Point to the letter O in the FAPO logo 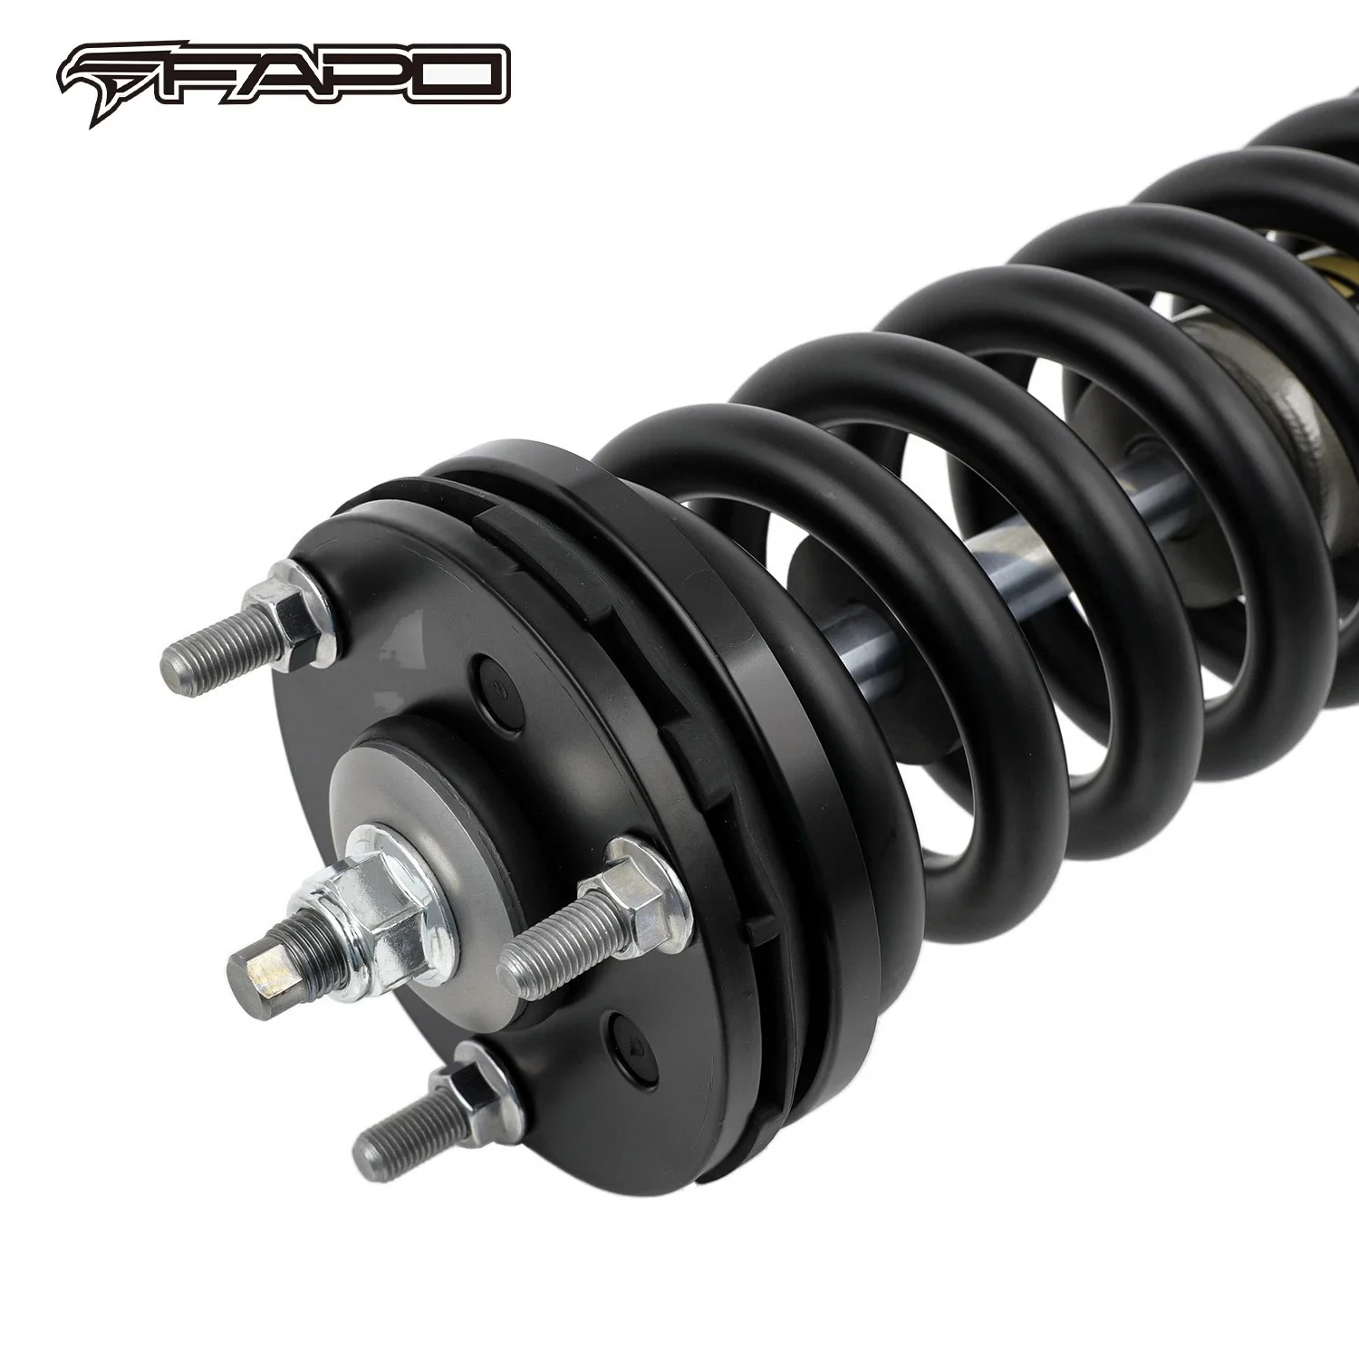(462, 77)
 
